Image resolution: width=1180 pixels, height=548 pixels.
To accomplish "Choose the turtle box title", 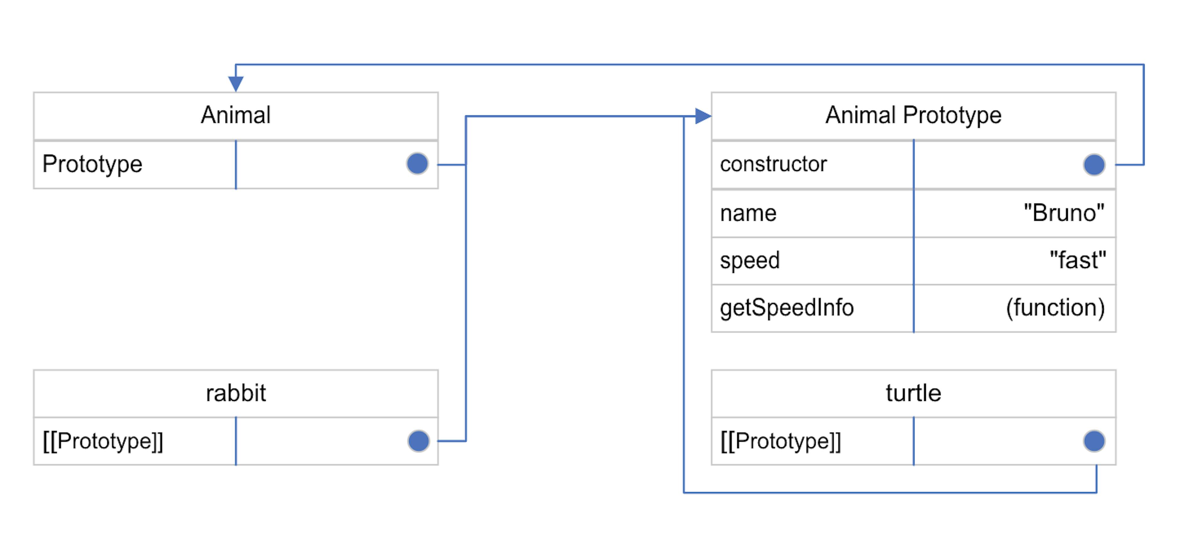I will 913,393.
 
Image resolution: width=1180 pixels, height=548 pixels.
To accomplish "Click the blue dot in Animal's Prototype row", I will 417,163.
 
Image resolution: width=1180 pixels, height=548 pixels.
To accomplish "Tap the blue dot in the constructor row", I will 1094,164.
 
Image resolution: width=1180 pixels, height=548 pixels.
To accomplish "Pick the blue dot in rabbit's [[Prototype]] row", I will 418,441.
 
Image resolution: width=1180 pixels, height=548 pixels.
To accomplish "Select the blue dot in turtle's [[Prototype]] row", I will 1094,441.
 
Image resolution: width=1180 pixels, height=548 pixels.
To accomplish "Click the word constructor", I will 773,164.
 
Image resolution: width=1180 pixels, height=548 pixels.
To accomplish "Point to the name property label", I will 748,213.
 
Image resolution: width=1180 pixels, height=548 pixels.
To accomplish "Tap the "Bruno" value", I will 1064,213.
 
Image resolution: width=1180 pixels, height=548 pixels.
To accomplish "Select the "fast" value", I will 1077,260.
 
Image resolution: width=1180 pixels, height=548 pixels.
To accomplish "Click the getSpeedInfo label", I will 787,308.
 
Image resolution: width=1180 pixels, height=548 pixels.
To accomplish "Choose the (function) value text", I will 1055,308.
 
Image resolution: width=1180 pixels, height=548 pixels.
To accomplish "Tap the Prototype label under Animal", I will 92,164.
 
